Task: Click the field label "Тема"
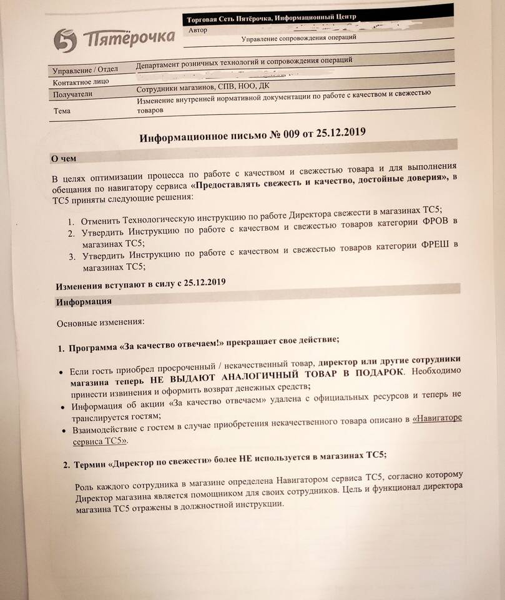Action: coord(62,111)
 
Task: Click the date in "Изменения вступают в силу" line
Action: coord(203,282)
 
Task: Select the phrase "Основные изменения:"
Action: coord(101,322)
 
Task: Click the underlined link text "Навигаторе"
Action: coord(437,417)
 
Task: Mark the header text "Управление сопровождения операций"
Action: coord(299,39)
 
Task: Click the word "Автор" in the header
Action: coord(197,30)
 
